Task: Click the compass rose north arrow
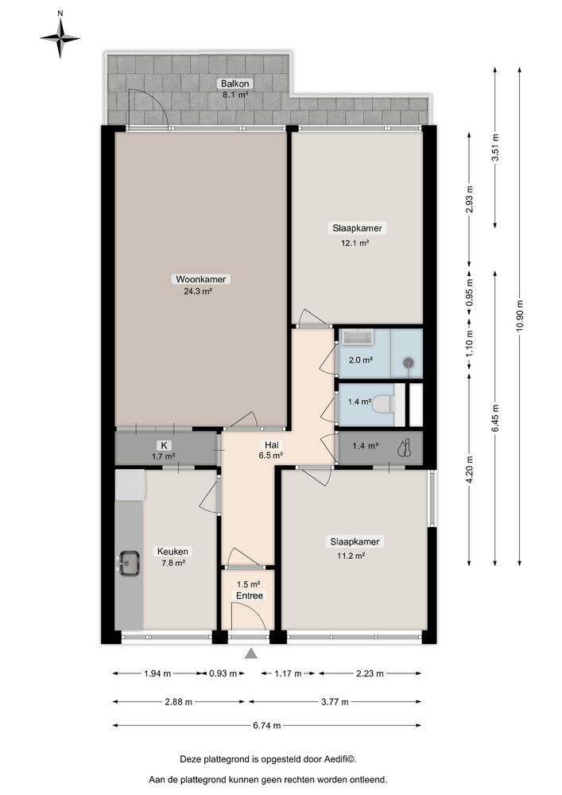tap(60, 37)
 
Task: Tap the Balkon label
tap(234, 83)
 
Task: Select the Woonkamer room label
tap(200, 279)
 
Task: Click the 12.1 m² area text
tap(355, 242)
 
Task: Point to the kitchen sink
tap(129, 564)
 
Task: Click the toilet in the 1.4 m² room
tap(383, 405)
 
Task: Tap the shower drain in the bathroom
tap(409, 363)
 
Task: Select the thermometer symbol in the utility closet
tap(405, 448)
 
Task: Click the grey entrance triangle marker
tap(251, 653)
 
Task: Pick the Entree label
tap(250, 595)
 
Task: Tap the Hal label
tap(272, 445)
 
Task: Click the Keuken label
tap(172, 551)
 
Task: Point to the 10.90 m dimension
tap(519, 316)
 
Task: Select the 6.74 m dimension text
tap(266, 726)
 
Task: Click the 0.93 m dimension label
tap(223, 673)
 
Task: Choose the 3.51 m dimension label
tap(495, 147)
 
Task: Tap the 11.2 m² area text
tap(351, 556)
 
